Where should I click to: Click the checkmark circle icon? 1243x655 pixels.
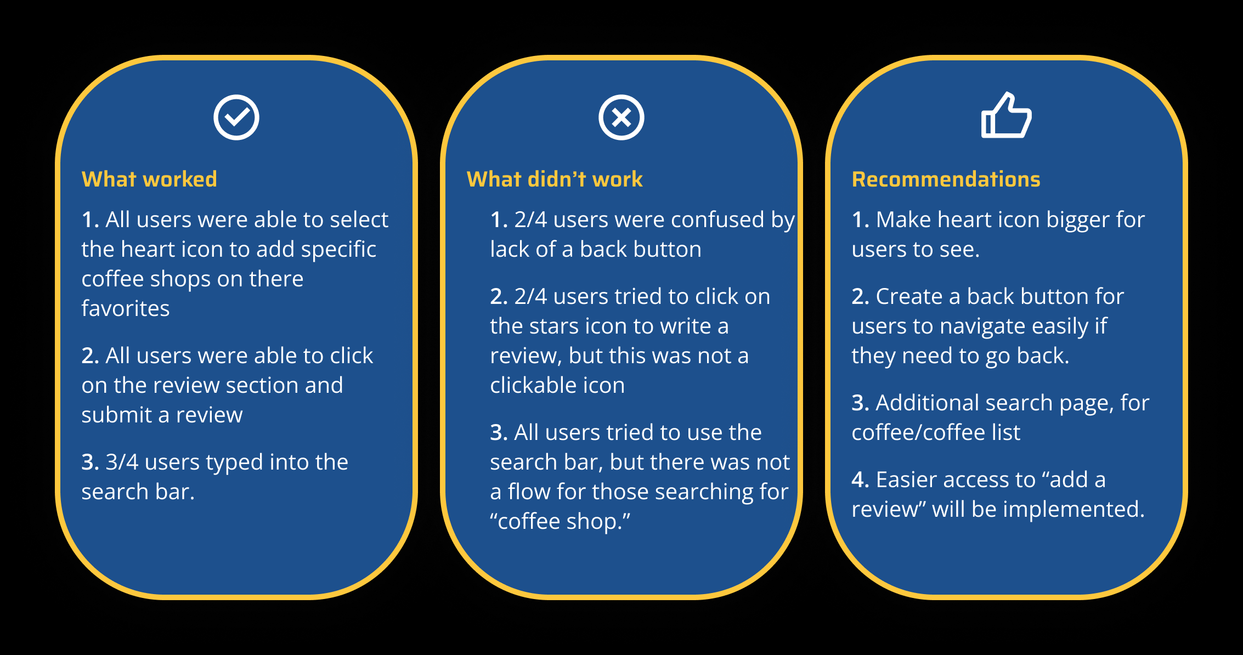pyautogui.click(x=236, y=117)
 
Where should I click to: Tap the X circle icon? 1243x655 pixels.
pyautogui.click(x=621, y=117)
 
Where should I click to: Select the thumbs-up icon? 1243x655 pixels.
pyautogui.click(x=1006, y=116)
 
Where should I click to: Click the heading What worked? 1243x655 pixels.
pyautogui.click(x=149, y=179)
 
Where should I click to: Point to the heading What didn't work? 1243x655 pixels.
pyautogui.click(x=554, y=179)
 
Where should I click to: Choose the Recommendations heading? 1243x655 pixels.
pyautogui.click(x=946, y=179)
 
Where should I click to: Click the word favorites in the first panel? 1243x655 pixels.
pyautogui.click(x=126, y=308)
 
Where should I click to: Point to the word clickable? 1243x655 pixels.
pyautogui.click(x=533, y=386)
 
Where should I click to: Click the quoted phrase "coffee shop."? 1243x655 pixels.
pyautogui.click(x=560, y=521)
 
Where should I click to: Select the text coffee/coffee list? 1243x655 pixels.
pyautogui.click(x=936, y=432)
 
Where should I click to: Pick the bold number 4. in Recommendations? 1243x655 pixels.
pyautogui.click(x=860, y=479)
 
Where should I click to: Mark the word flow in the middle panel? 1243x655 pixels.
pyautogui.click(x=529, y=492)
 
